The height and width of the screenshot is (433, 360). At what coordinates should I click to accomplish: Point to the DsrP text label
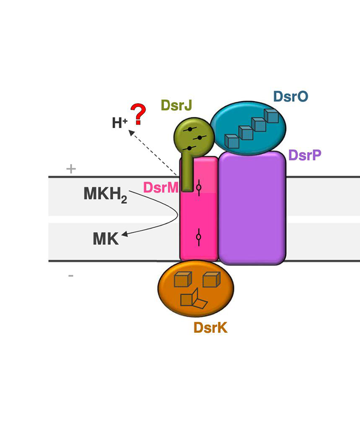(x=305, y=155)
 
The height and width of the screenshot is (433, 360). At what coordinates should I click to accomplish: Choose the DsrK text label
(x=211, y=328)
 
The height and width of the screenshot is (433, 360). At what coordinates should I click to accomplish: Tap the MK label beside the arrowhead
(x=106, y=239)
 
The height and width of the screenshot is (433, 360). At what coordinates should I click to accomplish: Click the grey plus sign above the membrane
(x=71, y=169)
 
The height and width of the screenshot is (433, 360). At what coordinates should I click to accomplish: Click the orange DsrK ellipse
(x=195, y=288)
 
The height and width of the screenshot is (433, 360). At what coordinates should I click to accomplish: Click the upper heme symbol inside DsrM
(x=199, y=187)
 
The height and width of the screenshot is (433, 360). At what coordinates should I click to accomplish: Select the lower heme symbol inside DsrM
(x=198, y=237)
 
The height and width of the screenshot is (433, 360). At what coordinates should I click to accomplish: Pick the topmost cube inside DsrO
(x=271, y=115)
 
